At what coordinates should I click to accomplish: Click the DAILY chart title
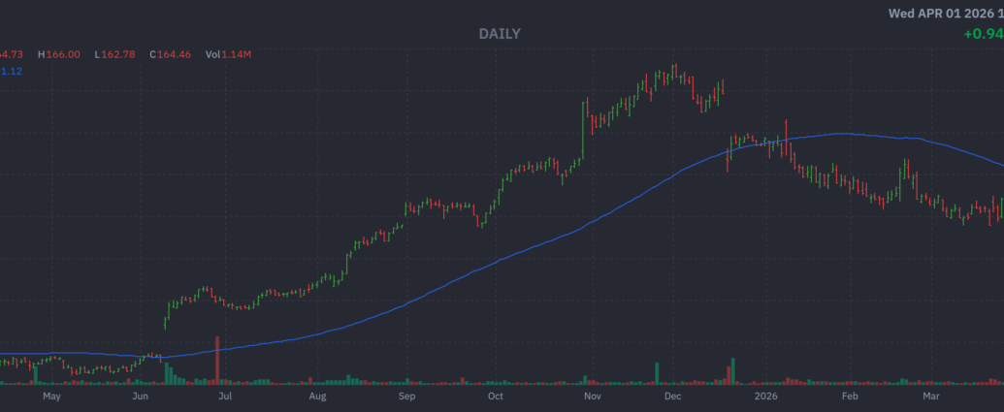click(500, 34)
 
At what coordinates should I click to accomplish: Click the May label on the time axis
click(51, 396)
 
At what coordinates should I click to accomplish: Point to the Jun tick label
click(140, 396)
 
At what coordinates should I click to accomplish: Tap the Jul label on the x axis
click(224, 396)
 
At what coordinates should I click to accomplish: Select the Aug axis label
click(317, 396)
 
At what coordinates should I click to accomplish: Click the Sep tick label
click(406, 396)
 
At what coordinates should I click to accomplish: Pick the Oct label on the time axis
click(495, 396)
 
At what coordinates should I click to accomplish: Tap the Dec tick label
click(672, 396)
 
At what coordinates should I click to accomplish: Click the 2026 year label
click(766, 396)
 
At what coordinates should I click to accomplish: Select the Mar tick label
click(930, 396)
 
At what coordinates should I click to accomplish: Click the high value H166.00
click(58, 54)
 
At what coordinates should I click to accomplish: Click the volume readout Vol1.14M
click(228, 54)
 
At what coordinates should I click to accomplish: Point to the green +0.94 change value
click(983, 34)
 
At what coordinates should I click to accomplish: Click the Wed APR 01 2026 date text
click(946, 14)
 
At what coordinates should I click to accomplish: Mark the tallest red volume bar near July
click(217, 361)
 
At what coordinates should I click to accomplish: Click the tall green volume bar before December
click(659, 373)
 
